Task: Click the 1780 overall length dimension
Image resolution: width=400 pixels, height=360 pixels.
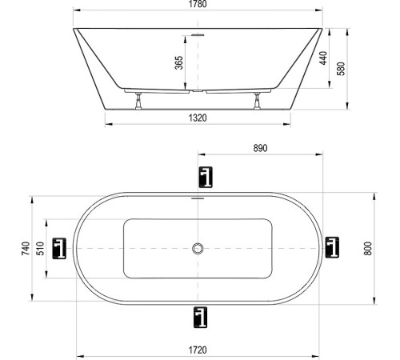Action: click(x=198, y=6)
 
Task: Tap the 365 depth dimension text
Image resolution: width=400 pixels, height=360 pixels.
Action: click(x=179, y=63)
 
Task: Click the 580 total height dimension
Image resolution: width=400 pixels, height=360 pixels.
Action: click(x=342, y=70)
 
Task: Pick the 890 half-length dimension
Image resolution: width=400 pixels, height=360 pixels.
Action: click(x=259, y=148)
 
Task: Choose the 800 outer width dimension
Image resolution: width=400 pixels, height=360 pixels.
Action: click(x=368, y=248)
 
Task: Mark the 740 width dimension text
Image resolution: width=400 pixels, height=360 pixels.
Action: click(x=26, y=249)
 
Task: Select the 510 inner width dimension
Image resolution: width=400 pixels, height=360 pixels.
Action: click(x=41, y=249)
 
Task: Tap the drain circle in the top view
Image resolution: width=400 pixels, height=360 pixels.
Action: click(x=198, y=249)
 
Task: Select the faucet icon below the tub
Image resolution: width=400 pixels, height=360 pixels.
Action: click(x=198, y=318)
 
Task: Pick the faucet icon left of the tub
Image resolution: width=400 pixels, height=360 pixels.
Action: click(x=60, y=249)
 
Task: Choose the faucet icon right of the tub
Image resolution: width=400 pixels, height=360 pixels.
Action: click(x=332, y=249)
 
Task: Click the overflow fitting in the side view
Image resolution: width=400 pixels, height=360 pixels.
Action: click(x=198, y=35)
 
